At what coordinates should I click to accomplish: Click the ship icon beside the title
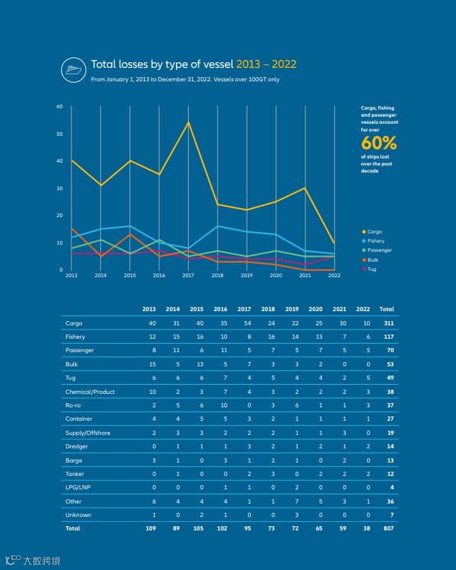point(73,68)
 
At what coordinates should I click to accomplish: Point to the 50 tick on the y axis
point(60,134)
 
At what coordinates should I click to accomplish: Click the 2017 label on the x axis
point(188,275)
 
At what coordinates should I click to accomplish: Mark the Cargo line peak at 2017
point(188,122)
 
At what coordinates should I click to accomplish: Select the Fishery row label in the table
point(76,337)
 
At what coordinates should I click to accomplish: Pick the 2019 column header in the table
point(291,309)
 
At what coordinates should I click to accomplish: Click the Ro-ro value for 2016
point(223,405)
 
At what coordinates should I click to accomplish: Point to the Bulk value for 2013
point(152,364)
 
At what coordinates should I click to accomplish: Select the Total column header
point(386,309)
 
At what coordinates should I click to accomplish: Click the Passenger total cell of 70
point(388,350)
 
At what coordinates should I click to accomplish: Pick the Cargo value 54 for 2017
point(247,323)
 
